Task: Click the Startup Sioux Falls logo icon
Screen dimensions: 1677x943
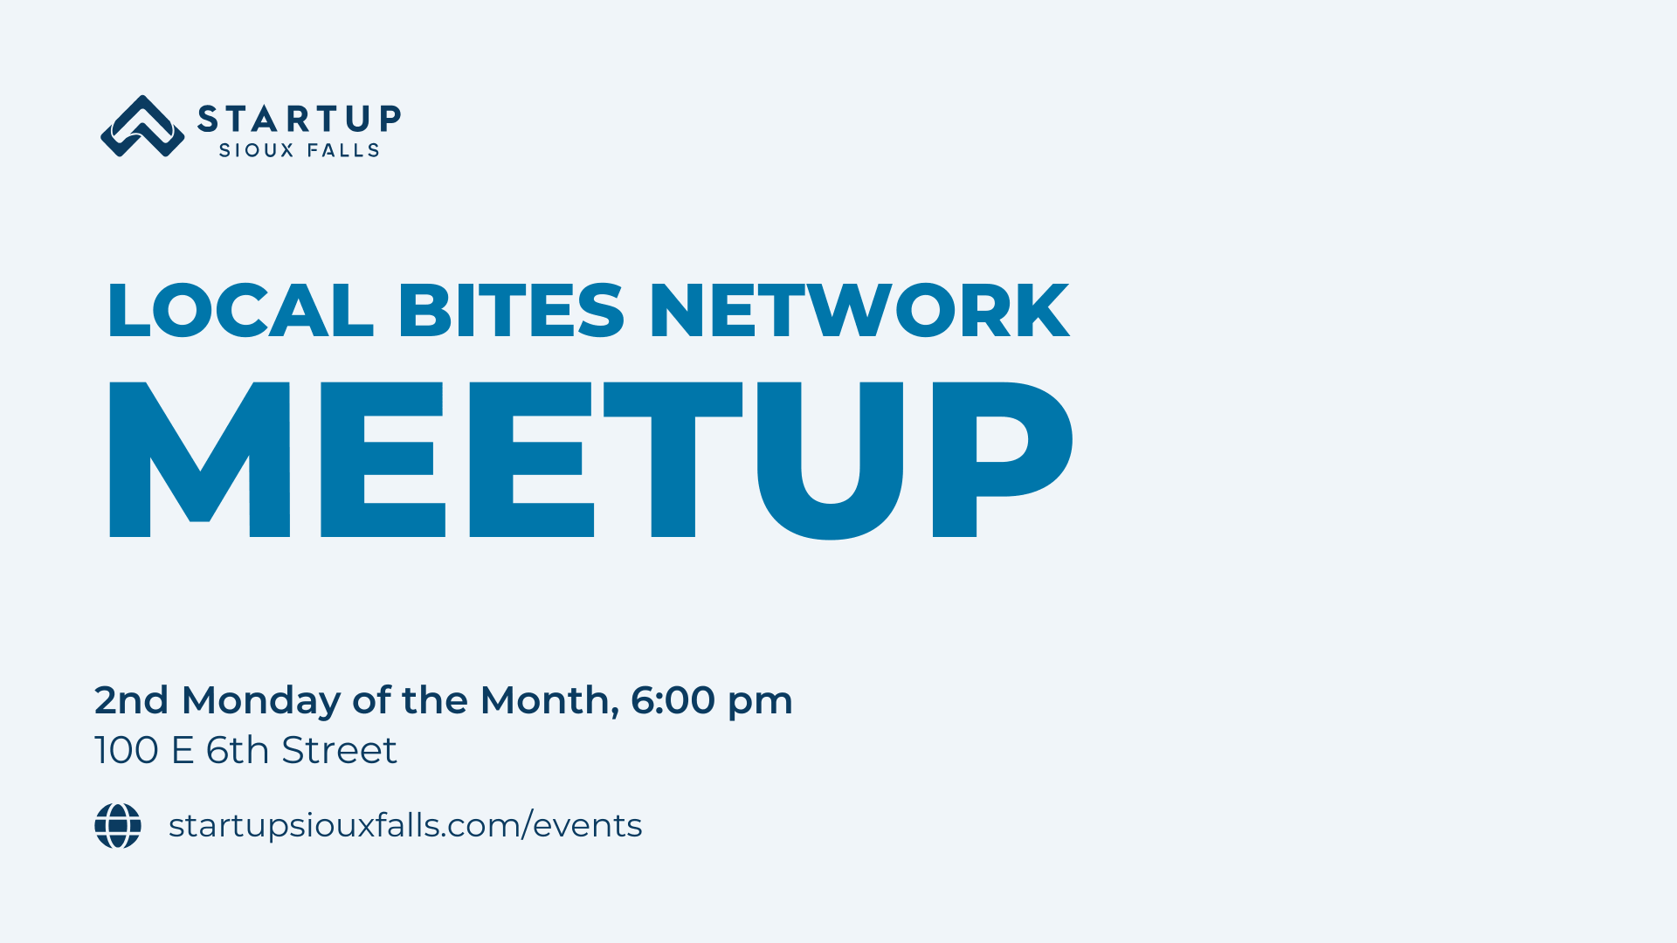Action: (x=142, y=127)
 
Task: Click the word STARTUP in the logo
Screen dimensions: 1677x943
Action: (x=300, y=119)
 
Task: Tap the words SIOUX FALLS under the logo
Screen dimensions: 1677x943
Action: (x=299, y=150)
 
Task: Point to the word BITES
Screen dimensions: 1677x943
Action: (x=511, y=310)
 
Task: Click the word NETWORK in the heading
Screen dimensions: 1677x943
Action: (x=859, y=310)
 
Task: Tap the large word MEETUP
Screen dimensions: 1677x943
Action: (x=590, y=459)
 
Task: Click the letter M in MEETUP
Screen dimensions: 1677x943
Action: (x=199, y=459)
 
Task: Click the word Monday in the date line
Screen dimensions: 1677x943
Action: (x=261, y=701)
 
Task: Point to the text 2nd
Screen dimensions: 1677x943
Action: (x=131, y=700)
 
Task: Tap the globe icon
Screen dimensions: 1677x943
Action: (x=118, y=826)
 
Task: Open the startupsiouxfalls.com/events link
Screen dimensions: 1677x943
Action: (x=405, y=826)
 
